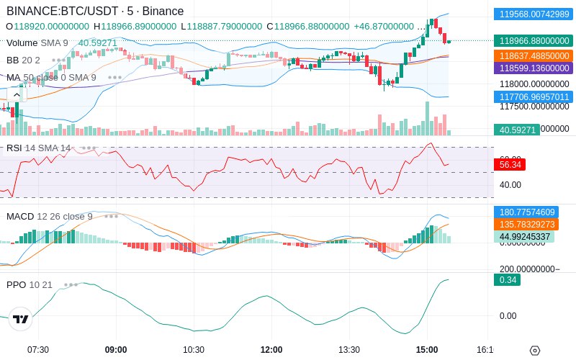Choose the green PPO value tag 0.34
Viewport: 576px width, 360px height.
click(507, 279)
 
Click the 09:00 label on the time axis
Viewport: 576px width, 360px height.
click(116, 349)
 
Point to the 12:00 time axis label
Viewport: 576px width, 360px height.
click(271, 349)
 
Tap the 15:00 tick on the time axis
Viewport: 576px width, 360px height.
click(427, 349)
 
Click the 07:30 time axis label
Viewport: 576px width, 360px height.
click(38, 349)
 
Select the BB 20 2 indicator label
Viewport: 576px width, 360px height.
click(23, 60)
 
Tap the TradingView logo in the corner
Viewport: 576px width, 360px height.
click(21, 319)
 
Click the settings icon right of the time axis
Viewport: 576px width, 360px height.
click(534, 350)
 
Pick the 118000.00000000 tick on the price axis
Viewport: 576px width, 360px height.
click(533, 84)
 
